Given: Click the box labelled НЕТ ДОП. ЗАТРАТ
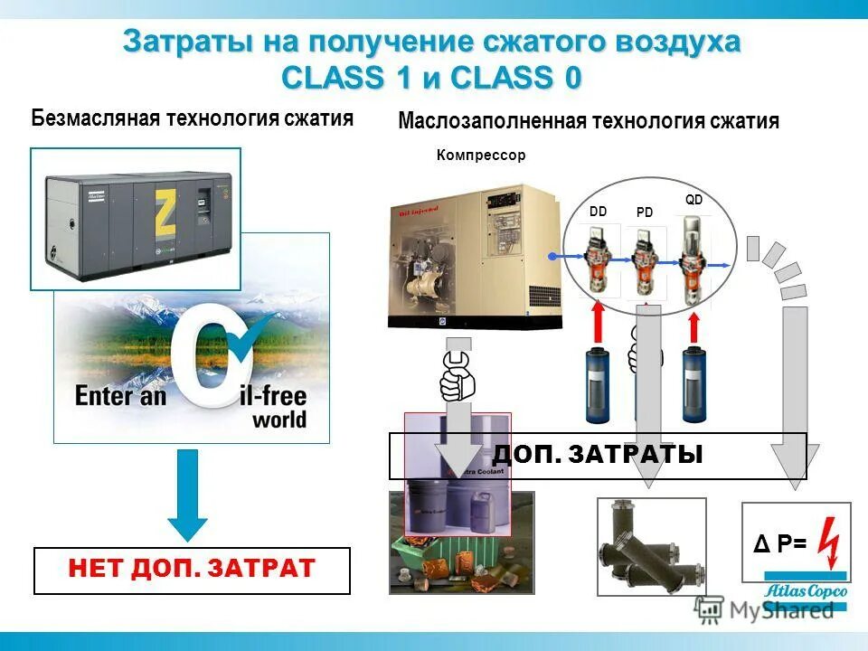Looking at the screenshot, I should pos(192,571).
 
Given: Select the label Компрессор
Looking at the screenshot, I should pos(480,156).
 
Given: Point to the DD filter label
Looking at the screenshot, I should pos(598,211).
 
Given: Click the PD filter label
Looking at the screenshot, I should pos(644,212).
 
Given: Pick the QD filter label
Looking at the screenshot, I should pos(693,200).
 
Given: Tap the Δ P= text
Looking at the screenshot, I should pos(780,543).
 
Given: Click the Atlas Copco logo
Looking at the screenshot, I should pos(806,589).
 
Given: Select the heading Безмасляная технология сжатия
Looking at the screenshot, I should pos(192,118).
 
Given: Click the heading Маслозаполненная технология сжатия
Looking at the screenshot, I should pos(589,121).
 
